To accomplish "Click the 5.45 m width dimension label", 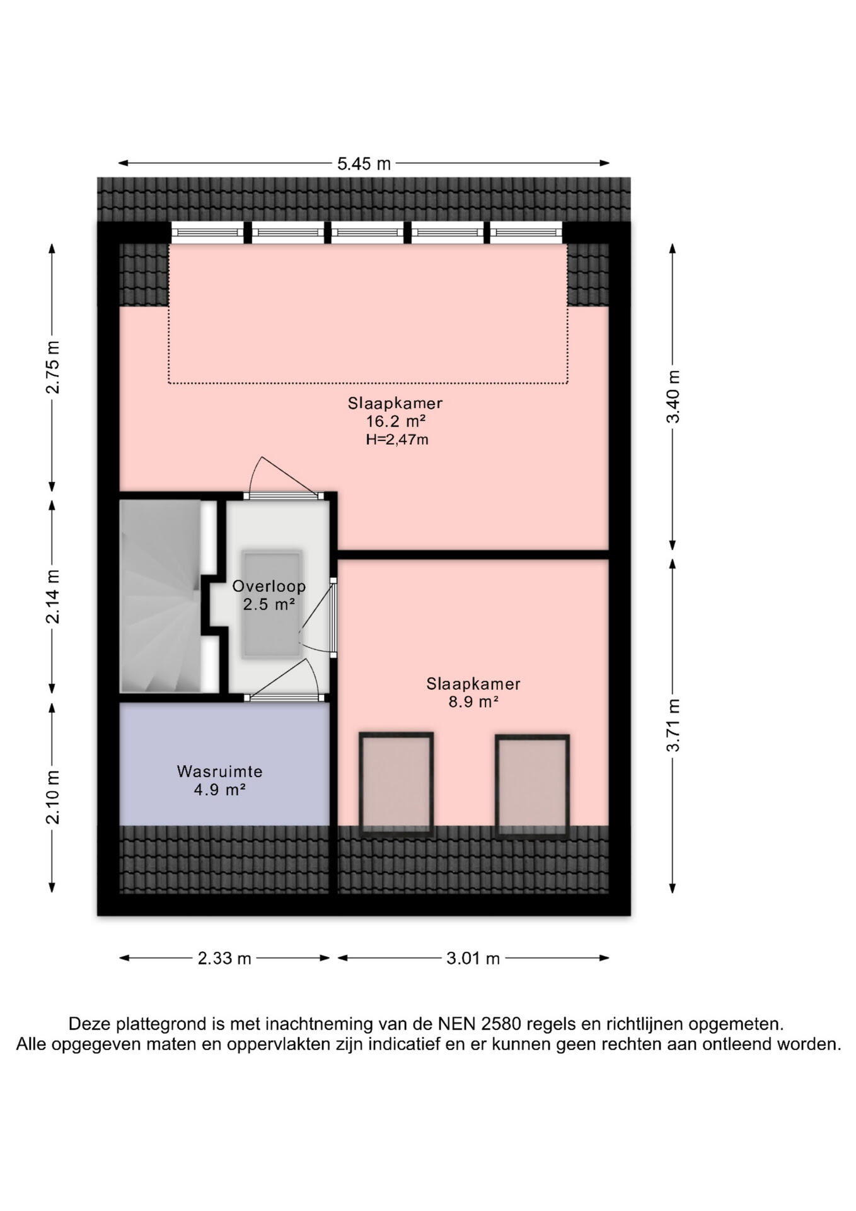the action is [364, 164].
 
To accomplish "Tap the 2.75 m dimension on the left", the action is [53, 367].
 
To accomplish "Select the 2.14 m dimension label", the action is [53, 597].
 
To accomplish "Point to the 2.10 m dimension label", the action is [53, 797].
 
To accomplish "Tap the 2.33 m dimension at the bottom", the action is [224, 959].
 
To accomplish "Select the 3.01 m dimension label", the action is [473, 959].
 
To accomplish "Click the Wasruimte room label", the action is [219, 771].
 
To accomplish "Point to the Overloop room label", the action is [269, 586].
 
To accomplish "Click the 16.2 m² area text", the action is [396, 421].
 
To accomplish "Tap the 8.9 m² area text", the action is [473, 701].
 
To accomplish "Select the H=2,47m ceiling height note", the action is [397, 440].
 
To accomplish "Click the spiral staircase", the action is [161, 596].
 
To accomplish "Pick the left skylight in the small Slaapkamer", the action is [396, 785].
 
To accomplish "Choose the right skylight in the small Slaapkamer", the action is [533, 786].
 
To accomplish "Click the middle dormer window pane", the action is [368, 233].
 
